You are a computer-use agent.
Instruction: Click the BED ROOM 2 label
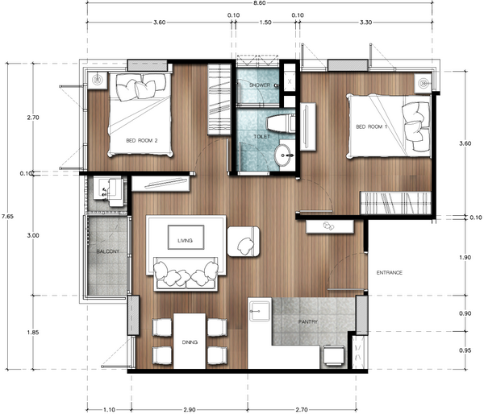click(x=141, y=140)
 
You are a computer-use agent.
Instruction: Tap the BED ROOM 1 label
click(x=372, y=127)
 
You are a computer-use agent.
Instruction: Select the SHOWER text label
click(x=260, y=84)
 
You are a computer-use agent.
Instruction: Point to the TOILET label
click(x=261, y=137)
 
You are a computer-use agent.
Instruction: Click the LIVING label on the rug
click(x=186, y=238)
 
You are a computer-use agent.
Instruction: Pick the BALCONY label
click(x=107, y=252)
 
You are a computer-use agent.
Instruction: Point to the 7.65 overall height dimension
click(x=7, y=216)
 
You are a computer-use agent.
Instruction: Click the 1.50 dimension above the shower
click(x=266, y=24)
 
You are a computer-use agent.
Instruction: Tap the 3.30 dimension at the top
click(x=367, y=24)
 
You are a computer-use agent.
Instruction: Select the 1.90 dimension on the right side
click(x=465, y=258)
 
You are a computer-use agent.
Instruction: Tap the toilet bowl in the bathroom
click(x=274, y=124)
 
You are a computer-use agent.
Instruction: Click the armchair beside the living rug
click(x=245, y=241)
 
